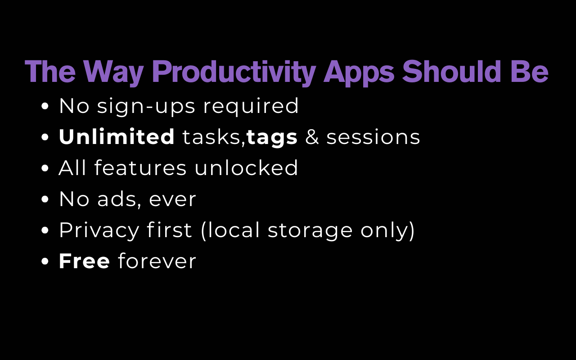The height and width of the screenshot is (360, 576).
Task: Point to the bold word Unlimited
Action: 117,137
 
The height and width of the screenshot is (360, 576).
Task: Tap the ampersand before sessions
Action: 312,137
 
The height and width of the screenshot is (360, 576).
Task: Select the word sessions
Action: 373,137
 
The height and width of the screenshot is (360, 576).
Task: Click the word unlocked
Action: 246,168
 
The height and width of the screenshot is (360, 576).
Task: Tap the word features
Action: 140,168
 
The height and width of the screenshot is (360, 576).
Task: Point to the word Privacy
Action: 99,230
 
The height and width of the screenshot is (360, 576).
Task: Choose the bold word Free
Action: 84,261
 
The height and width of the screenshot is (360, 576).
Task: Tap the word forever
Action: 157,261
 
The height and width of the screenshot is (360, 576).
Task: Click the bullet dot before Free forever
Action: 45,261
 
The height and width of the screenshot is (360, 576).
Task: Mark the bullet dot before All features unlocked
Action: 45,168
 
